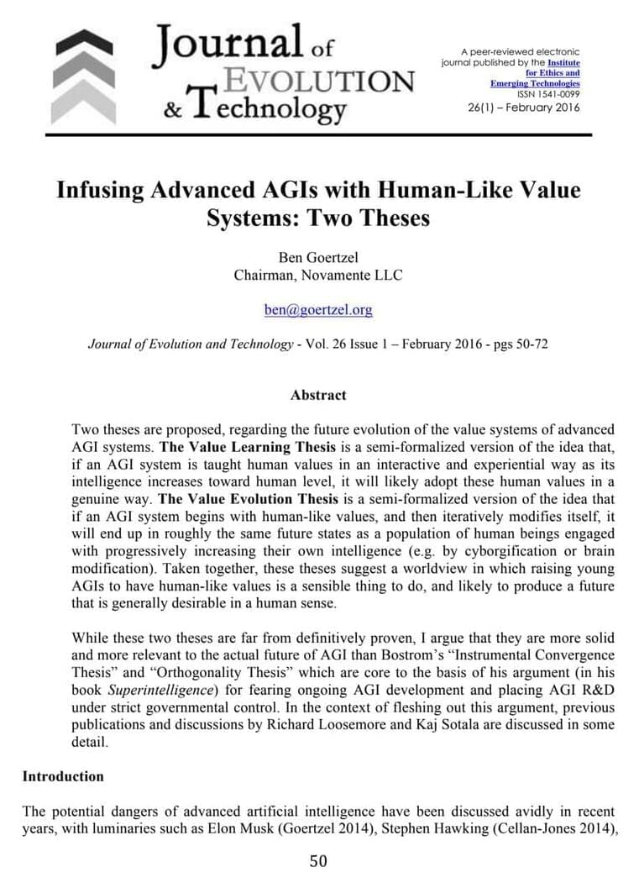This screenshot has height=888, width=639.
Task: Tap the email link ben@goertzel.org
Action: coord(318,310)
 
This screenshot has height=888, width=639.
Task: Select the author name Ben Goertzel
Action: coord(318,256)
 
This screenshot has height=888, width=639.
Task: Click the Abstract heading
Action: coord(318,395)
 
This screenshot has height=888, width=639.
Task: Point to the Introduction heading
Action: coord(63,776)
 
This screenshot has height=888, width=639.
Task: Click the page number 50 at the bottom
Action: coord(318,860)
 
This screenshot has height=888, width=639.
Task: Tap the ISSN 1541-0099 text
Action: coord(546,95)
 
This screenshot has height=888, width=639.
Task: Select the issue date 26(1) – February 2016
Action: coord(523,108)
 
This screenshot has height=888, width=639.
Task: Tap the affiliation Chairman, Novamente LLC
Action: coord(318,274)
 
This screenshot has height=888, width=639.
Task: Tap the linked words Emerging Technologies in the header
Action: coord(535,84)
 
